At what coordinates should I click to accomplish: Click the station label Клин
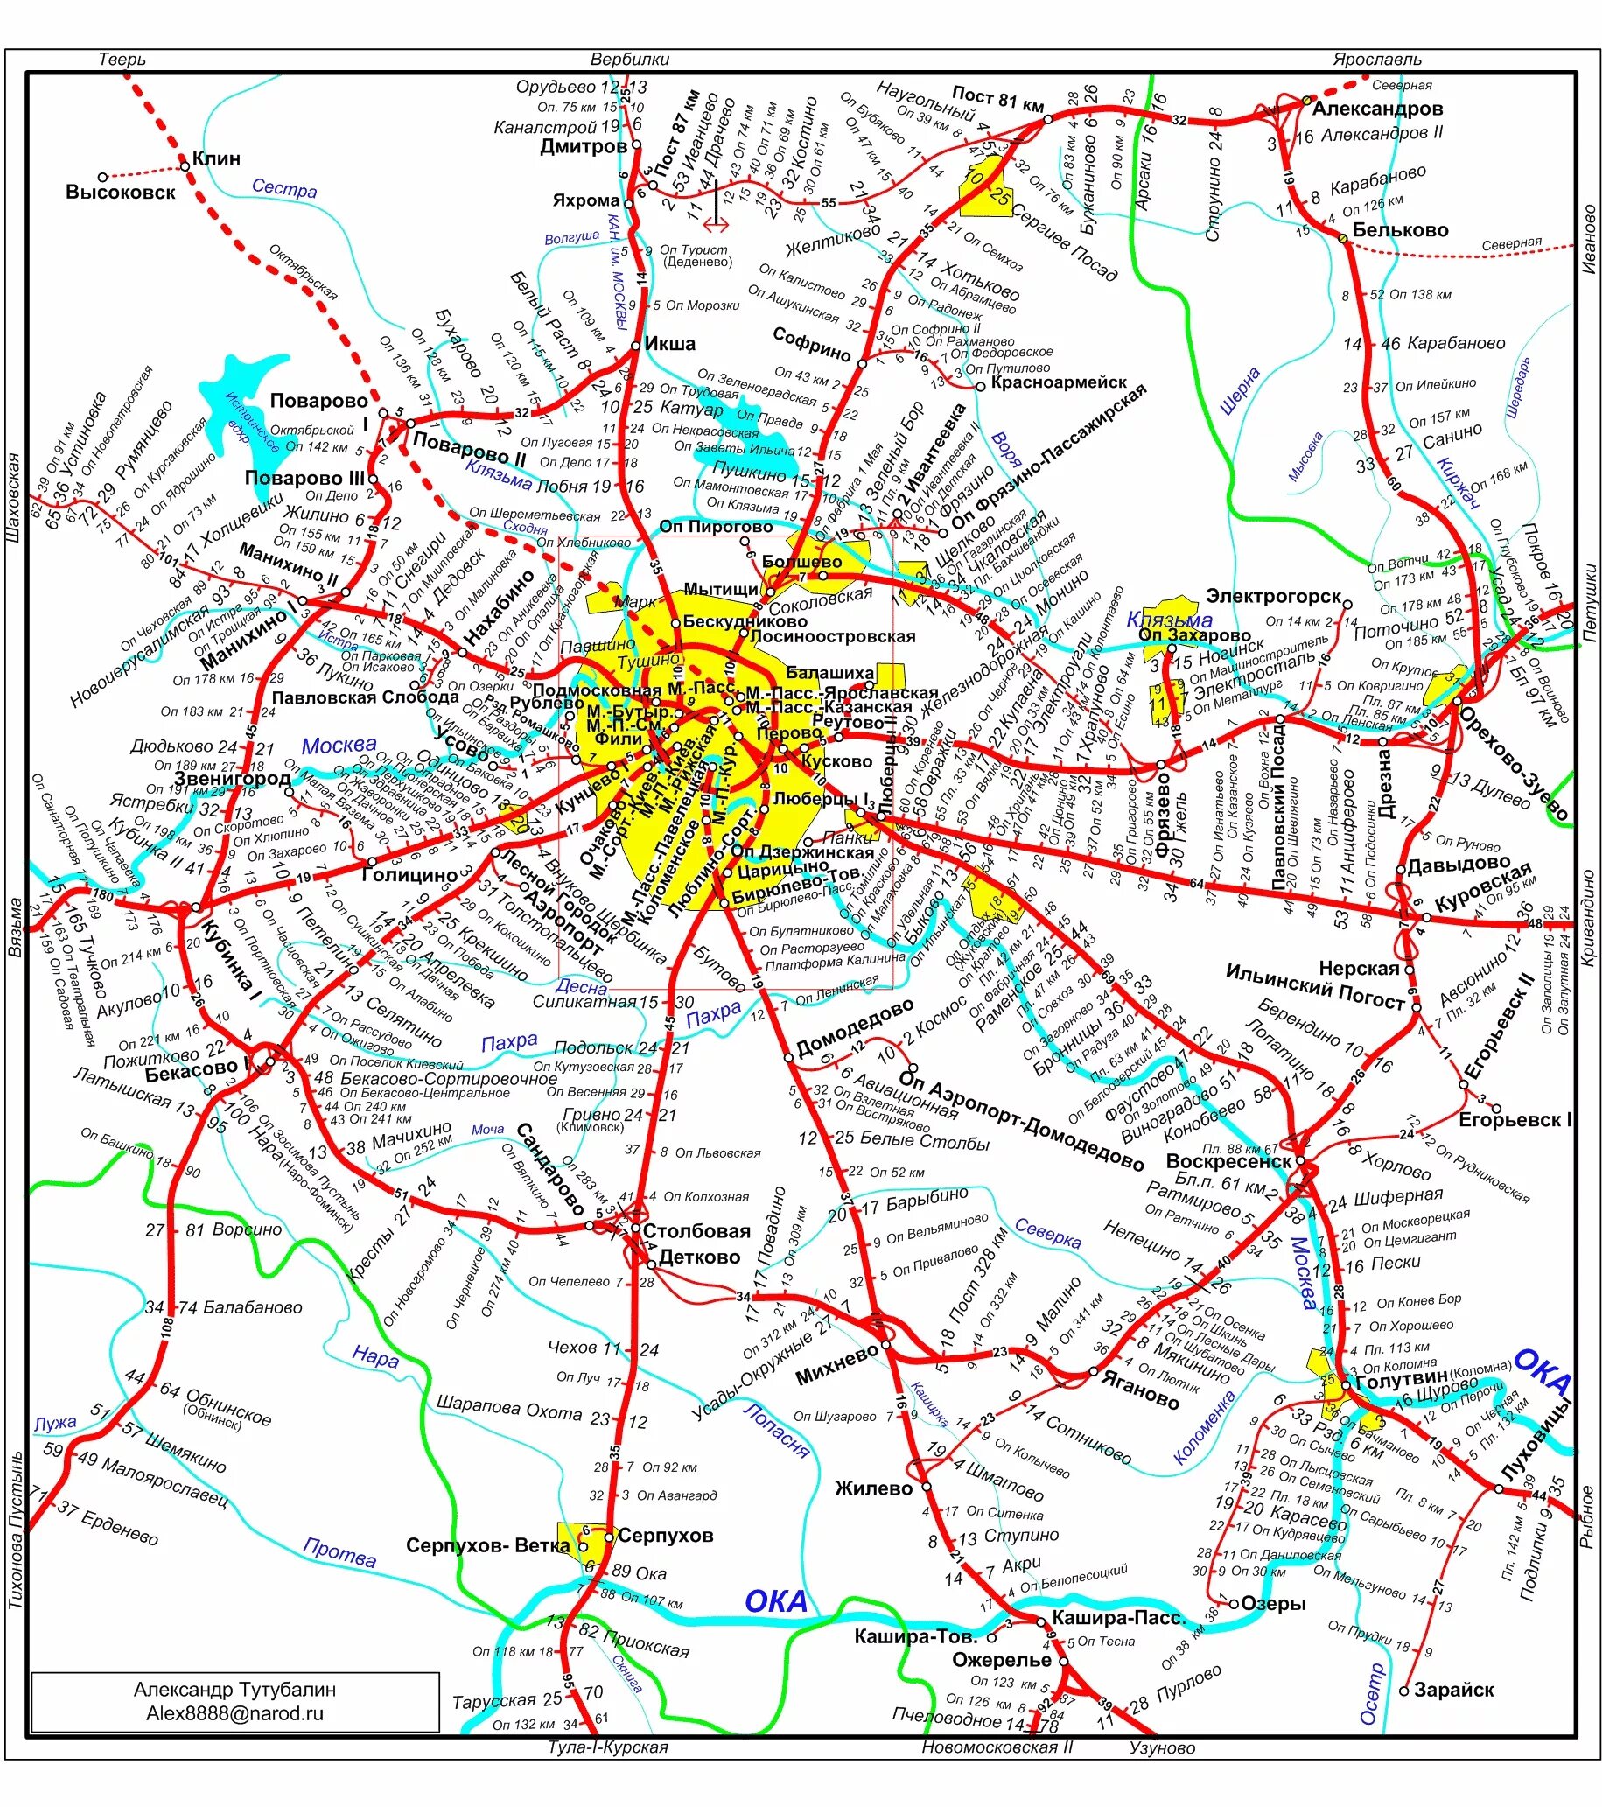coord(217,159)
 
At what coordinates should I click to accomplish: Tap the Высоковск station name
coord(120,192)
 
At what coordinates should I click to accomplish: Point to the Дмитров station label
coord(584,146)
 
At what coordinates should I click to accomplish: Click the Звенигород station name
coord(233,779)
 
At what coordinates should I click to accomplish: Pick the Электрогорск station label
coord(1274,596)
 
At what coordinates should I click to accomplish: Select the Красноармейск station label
coord(1059,382)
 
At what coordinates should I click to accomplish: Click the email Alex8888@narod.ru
coord(235,1713)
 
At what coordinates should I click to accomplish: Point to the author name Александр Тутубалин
coord(235,1690)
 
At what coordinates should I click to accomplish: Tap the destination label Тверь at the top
coord(122,60)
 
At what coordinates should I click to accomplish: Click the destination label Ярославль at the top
coord(1377,60)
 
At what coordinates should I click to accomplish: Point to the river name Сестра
coord(283,187)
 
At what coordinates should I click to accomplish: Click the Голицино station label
coord(408,874)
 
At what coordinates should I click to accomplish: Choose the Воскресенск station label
coord(1229,1160)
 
